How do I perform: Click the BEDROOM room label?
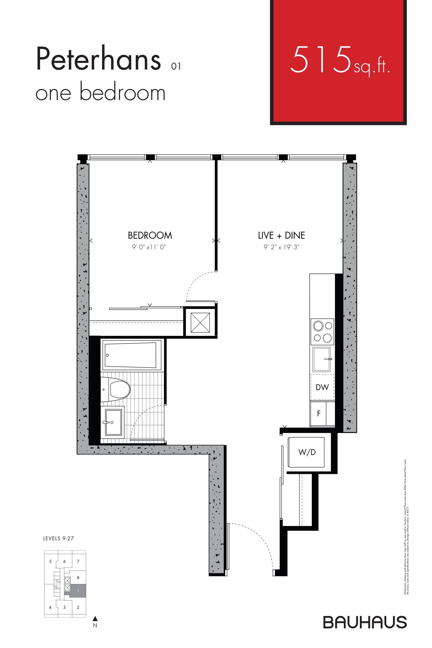coord(150,236)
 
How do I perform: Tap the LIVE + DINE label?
coord(281,236)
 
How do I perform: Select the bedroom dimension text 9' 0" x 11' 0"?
coord(149,247)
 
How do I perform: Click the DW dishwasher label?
coord(322,387)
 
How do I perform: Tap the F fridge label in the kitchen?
coord(319,413)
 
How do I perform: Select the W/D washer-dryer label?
coord(307,452)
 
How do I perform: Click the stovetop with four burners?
coord(322,332)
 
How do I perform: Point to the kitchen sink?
coord(321,359)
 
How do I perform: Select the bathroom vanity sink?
coord(112,421)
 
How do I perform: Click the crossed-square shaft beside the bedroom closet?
coord(200,322)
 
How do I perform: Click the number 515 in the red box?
coord(321,60)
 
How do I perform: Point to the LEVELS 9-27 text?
coord(58,538)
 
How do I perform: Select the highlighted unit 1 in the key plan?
coord(78,591)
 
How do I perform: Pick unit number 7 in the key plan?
coord(78,561)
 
